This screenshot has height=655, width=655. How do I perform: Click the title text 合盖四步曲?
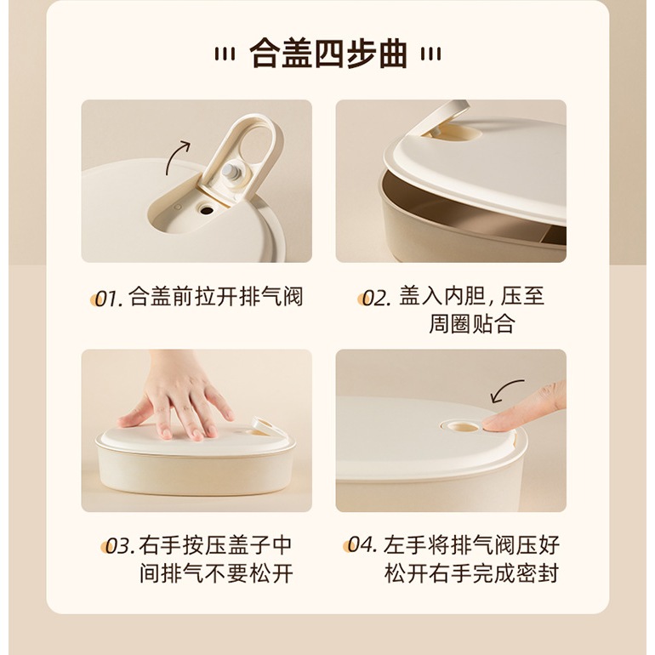click(328, 54)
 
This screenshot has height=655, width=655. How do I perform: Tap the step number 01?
click(108, 299)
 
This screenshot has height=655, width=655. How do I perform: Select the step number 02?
click(376, 299)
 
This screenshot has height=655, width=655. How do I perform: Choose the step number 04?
click(362, 544)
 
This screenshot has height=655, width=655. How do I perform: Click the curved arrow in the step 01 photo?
click(174, 156)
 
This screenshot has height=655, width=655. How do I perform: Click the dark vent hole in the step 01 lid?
click(206, 209)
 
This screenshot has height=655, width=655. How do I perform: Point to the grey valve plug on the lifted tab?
click(231, 172)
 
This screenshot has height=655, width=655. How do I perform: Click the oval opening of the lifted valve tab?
click(255, 145)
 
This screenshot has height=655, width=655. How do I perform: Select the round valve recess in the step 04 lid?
click(461, 425)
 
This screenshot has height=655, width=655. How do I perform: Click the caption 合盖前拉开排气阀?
click(215, 297)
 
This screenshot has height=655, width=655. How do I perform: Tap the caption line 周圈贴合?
click(471, 324)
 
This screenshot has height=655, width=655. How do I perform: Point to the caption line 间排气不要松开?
click(216, 572)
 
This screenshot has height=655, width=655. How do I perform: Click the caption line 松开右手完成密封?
click(471, 572)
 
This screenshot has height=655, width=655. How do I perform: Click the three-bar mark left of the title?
click(225, 54)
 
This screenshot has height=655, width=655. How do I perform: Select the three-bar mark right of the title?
click(430, 54)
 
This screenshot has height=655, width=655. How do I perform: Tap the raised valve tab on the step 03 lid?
click(262, 424)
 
